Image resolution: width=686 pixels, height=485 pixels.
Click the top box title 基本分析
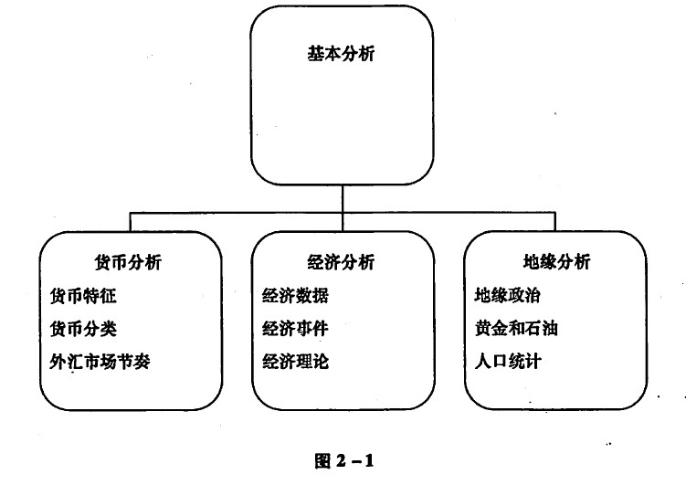click(341, 54)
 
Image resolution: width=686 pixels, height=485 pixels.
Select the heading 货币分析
click(128, 262)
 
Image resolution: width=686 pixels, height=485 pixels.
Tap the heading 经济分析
click(341, 262)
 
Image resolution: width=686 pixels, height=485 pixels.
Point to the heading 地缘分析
click(556, 261)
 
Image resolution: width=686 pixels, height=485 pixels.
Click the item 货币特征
click(83, 296)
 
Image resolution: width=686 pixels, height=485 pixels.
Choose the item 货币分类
click(83, 329)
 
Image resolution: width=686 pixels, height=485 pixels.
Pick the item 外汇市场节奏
click(100, 362)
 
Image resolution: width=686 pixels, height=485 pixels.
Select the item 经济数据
click(295, 296)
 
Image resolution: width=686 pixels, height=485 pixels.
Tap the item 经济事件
click(295, 329)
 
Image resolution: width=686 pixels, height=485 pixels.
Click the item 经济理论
click(295, 362)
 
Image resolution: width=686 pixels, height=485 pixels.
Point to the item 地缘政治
click(508, 295)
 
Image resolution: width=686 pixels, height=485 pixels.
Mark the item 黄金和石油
click(516, 329)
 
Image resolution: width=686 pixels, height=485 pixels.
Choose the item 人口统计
click(508, 362)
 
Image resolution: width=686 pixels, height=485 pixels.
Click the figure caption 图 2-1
click(343, 460)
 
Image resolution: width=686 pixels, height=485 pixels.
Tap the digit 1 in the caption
click(369, 460)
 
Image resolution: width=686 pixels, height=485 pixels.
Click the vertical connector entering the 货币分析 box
click(130, 222)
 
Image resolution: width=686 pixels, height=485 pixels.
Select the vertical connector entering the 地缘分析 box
click(554, 222)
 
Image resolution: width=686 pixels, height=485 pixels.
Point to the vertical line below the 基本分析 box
click(343, 208)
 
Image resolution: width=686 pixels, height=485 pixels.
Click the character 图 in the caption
click(322, 460)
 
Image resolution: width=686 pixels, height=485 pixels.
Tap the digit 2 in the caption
click(342, 460)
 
